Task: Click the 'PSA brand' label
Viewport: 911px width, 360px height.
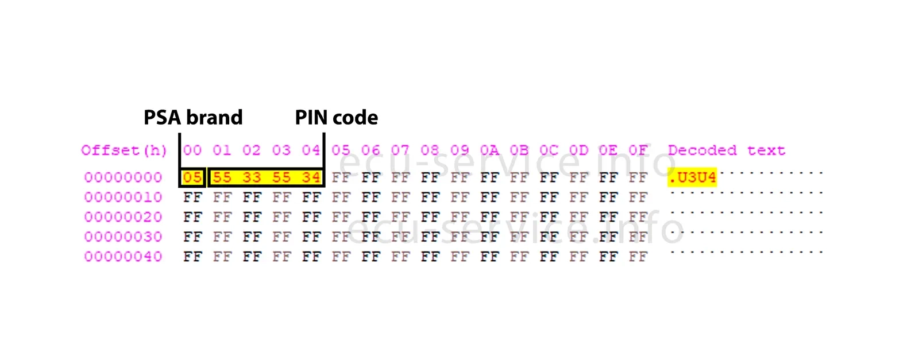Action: [193, 118]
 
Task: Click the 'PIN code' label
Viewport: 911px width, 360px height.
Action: [336, 118]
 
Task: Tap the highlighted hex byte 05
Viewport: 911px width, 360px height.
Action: [192, 177]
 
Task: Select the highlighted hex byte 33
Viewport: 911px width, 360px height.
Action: [252, 177]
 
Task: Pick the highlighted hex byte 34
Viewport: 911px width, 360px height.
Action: [311, 177]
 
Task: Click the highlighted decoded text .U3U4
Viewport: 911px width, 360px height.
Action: [692, 177]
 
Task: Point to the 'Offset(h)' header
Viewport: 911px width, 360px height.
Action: [123, 150]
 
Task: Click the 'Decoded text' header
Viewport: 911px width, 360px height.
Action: [726, 150]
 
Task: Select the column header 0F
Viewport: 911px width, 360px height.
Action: [638, 150]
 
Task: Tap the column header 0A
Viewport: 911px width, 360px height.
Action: [489, 150]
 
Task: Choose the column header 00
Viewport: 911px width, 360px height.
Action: [192, 150]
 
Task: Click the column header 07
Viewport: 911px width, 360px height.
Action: [400, 150]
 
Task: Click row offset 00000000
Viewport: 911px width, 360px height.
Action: [123, 177]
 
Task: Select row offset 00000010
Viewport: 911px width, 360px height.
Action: [123, 198]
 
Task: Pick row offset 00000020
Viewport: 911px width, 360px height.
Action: [123, 217]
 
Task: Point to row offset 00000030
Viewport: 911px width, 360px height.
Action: [123, 237]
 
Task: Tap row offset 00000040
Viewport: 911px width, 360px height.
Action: [123, 257]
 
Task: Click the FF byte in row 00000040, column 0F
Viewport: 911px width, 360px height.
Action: [638, 257]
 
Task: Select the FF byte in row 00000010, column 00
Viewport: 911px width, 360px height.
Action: [192, 198]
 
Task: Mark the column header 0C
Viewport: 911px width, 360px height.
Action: [549, 150]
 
